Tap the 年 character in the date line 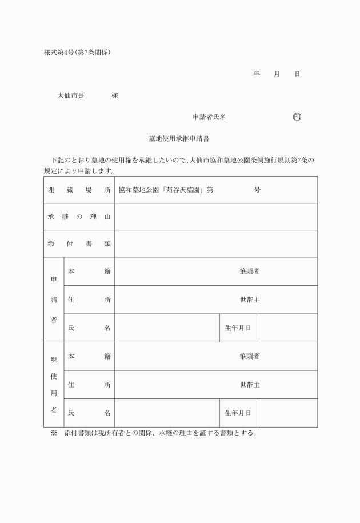[x=257, y=74]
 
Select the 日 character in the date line [x=297, y=74]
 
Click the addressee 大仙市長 [x=71, y=95]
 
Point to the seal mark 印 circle [x=297, y=117]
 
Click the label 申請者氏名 [x=209, y=117]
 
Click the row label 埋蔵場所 [x=79, y=190]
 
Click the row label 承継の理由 [x=79, y=217]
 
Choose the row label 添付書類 [x=79, y=243]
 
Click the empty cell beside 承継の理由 [x=216, y=217]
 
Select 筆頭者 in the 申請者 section [x=250, y=272]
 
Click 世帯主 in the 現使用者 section [x=250, y=385]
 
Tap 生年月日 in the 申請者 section [x=238, y=328]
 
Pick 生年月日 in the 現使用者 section [x=238, y=413]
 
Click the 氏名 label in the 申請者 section [x=89, y=328]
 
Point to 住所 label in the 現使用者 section [x=89, y=385]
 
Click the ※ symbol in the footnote [x=54, y=433]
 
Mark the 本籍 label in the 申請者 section [x=89, y=272]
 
